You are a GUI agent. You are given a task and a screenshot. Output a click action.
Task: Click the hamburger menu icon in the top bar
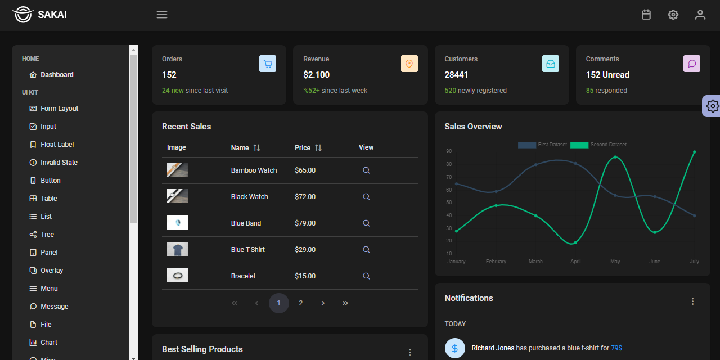click(162, 15)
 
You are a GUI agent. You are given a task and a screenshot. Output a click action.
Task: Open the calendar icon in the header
click(646, 15)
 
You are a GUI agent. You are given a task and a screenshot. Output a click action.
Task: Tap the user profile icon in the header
click(700, 15)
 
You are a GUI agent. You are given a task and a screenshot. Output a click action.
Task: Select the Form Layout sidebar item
click(59, 109)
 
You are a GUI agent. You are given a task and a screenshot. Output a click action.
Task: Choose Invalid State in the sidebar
click(58, 163)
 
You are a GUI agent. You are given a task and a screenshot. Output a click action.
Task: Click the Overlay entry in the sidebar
click(51, 271)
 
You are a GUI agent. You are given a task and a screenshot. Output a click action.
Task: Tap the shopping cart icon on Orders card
click(268, 64)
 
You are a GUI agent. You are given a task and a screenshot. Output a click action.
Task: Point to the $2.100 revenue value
click(316, 75)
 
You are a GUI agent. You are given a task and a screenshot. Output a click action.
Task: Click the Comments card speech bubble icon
click(692, 64)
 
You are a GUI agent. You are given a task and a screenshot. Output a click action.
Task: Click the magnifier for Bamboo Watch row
click(366, 170)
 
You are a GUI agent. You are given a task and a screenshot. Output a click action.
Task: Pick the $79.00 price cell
click(305, 223)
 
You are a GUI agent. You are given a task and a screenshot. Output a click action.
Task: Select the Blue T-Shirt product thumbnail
click(178, 249)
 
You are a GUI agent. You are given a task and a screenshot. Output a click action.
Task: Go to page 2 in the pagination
click(301, 303)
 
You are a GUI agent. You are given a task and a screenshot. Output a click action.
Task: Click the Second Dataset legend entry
click(598, 145)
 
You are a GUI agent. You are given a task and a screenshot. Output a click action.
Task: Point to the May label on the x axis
click(615, 262)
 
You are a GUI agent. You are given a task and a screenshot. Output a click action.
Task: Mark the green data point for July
click(695, 152)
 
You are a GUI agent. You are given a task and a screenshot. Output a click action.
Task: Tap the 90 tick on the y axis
click(449, 151)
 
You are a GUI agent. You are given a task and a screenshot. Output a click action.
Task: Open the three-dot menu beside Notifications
click(693, 301)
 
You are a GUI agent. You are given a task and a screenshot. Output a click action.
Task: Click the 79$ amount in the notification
click(616, 348)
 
